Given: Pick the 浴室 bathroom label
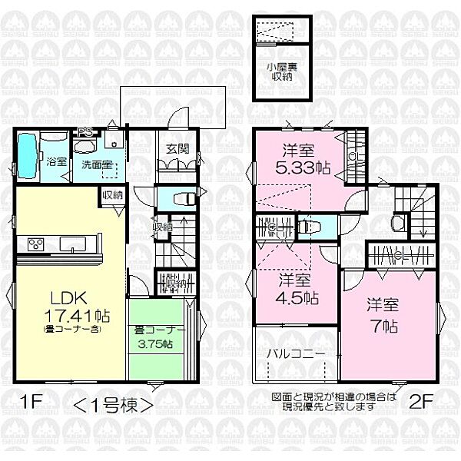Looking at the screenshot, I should pyautogui.click(x=56, y=163).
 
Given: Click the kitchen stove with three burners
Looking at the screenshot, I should pyautogui.click(x=35, y=245).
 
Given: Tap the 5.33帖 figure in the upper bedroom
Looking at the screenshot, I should pyautogui.click(x=304, y=168).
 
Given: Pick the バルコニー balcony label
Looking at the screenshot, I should pyautogui.click(x=296, y=355).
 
